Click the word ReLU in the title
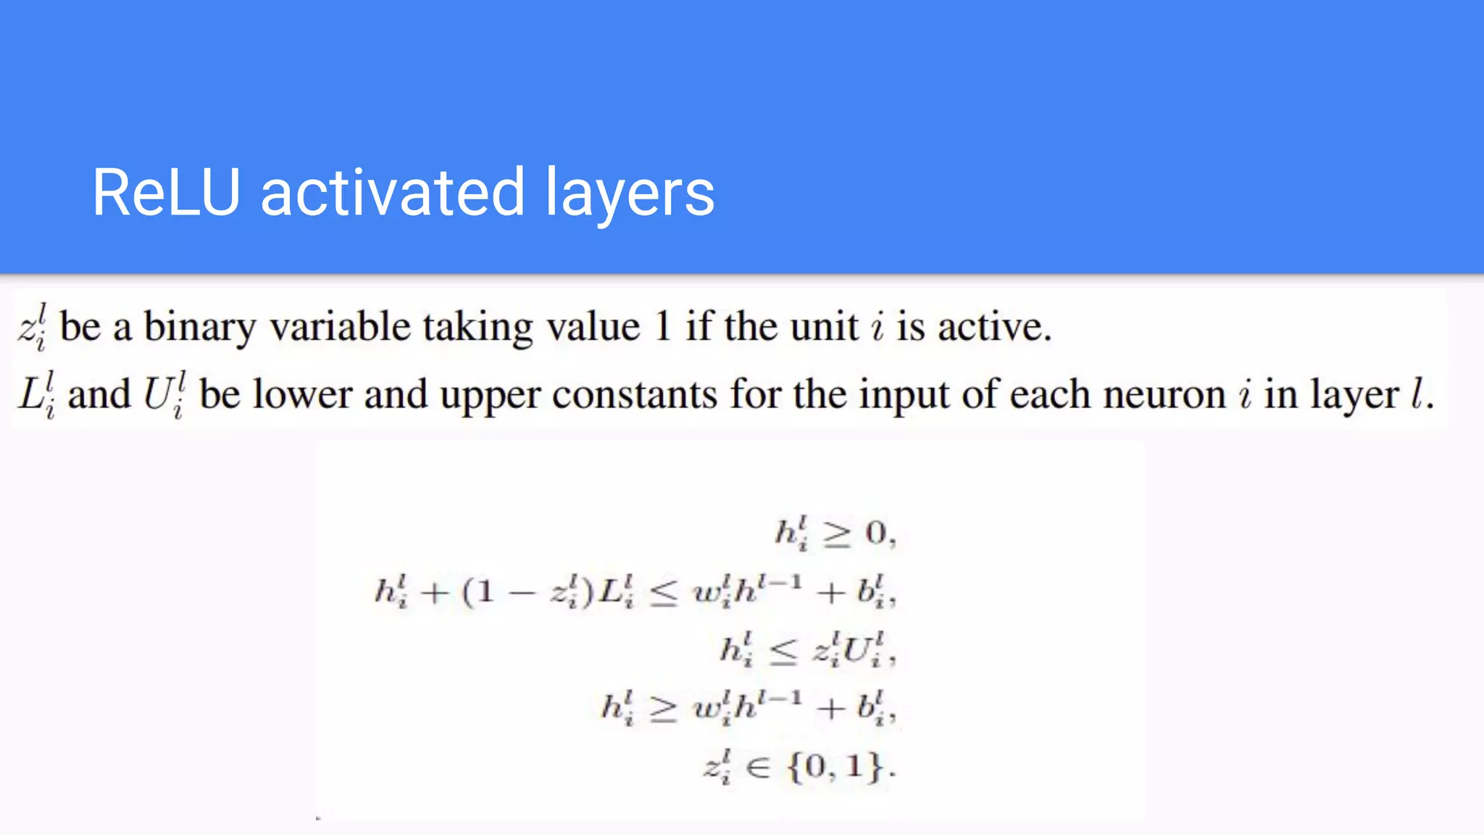166,192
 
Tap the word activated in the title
392,192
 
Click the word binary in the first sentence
200,327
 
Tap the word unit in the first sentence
824,326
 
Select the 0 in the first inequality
875,533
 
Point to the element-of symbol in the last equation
757,767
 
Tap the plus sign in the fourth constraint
830,707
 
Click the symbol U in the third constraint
858,650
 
